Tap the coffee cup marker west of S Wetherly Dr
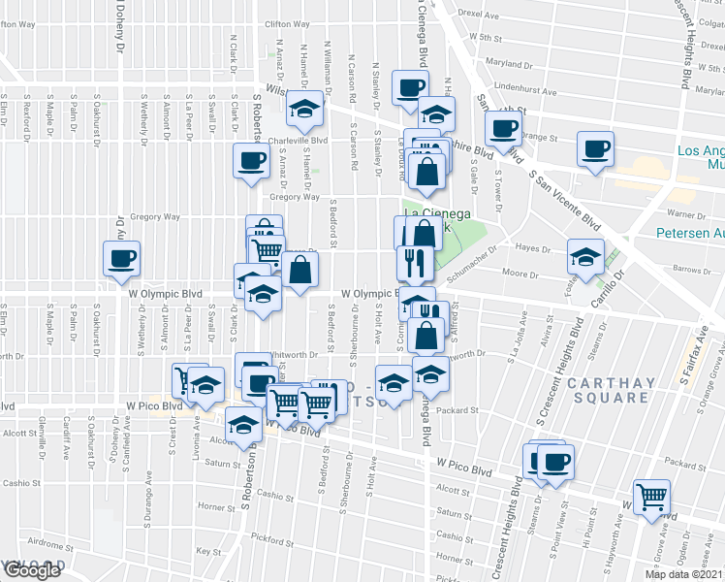click(x=123, y=258)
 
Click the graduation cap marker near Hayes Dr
click(x=585, y=256)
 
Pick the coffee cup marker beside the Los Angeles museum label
click(x=595, y=149)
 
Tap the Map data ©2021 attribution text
click(x=684, y=574)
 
